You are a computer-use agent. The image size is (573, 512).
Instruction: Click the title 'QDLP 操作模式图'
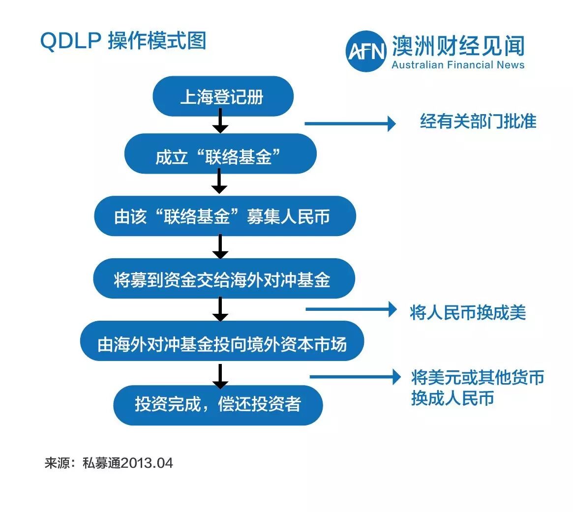[123, 42]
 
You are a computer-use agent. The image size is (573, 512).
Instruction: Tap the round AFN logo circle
[365, 51]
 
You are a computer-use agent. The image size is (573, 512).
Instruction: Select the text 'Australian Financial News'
[458, 65]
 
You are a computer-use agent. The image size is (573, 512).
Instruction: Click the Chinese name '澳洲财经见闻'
[458, 46]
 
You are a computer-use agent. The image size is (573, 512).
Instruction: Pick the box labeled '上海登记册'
[223, 96]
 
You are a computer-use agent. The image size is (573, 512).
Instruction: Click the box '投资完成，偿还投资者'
[218, 405]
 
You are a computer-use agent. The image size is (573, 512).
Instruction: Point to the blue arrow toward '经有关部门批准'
[350, 123]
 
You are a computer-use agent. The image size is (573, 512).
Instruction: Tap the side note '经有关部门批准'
[478, 121]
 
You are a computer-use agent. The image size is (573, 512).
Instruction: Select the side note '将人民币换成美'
[468, 312]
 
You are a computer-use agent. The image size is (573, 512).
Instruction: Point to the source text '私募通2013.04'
[128, 463]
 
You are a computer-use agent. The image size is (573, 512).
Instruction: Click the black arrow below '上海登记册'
[220, 120]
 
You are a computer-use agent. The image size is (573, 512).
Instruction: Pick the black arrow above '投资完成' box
[220, 376]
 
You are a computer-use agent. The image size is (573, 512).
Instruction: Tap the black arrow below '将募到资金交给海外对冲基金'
[220, 309]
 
